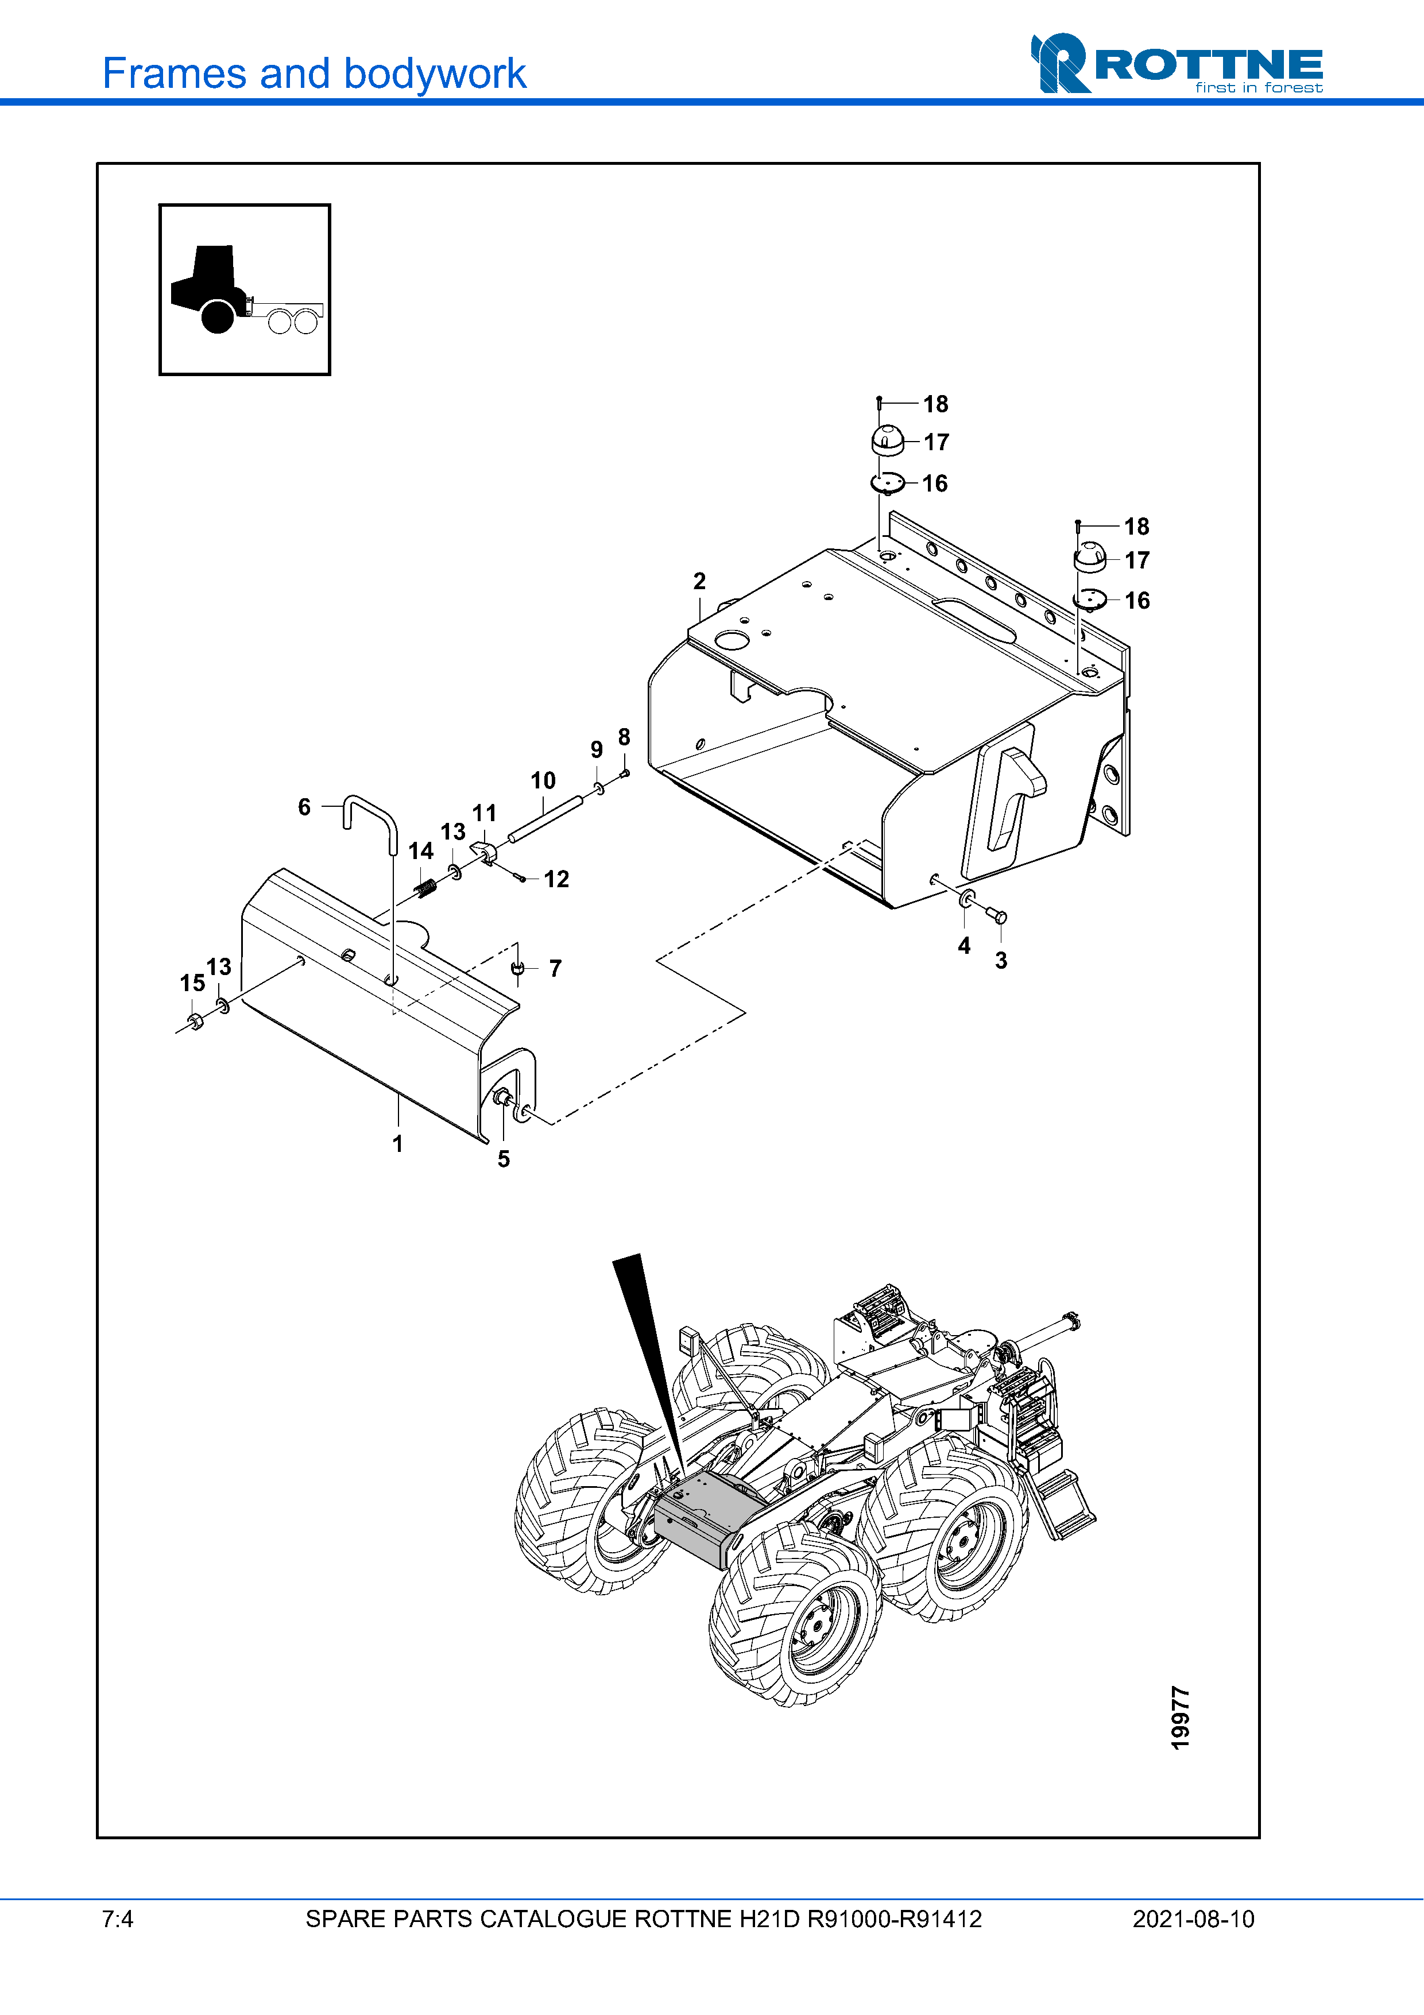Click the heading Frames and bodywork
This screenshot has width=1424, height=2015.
314,74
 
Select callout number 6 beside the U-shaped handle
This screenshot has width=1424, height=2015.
304,807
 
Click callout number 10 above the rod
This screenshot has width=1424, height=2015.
543,780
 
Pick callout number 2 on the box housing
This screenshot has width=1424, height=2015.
699,581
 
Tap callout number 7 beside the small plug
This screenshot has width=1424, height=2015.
555,968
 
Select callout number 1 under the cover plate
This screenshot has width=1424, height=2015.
397,1143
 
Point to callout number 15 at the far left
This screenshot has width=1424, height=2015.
192,983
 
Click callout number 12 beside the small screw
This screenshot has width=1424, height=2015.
556,879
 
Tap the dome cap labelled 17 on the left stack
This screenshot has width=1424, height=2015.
888,440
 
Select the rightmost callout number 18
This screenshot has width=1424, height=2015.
1137,527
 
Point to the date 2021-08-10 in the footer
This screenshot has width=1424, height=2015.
1193,1919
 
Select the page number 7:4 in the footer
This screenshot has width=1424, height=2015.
118,1919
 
